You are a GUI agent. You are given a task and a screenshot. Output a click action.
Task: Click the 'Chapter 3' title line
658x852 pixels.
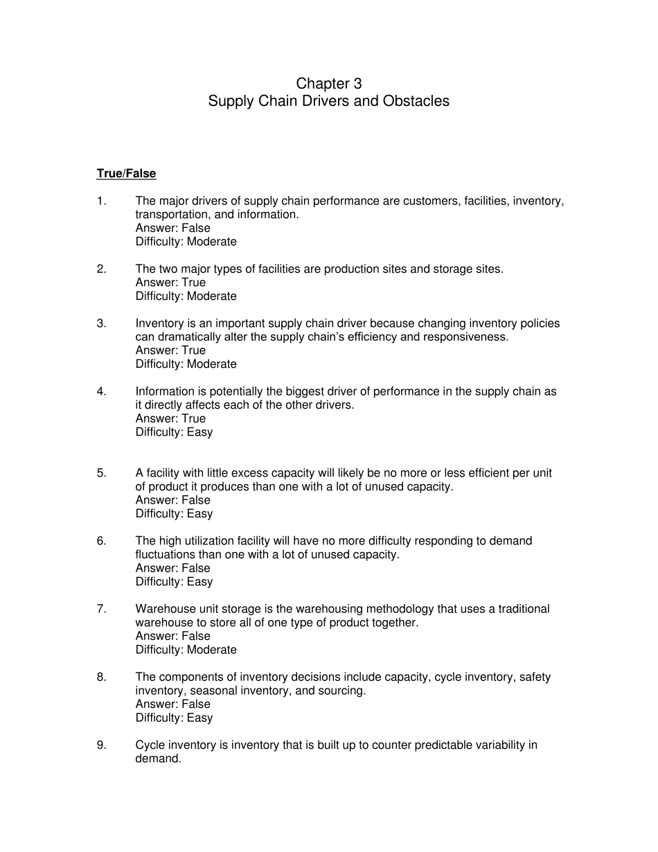click(329, 84)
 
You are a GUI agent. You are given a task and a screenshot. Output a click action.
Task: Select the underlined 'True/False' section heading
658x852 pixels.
click(126, 174)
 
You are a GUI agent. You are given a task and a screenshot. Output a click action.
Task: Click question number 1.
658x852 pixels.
click(101, 201)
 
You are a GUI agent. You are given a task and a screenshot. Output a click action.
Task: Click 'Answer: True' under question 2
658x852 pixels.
click(170, 283)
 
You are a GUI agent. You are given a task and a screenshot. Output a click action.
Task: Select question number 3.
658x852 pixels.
click(101, 323)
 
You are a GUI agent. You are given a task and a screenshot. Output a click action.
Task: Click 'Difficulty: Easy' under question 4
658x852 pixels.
click(174, 432)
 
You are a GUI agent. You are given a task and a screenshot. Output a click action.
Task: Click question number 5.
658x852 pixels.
click(101, 473)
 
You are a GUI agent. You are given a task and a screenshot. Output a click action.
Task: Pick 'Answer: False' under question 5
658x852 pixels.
click(172, 500)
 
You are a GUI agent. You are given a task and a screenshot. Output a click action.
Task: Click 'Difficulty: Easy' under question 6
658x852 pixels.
click(174, 582)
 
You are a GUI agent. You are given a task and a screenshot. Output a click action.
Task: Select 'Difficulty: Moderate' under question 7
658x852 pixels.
click(186, 650)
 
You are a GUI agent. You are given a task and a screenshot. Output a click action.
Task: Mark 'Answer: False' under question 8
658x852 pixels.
click(172, 704)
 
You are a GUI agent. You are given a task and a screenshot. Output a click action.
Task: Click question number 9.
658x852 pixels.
click(101, 745)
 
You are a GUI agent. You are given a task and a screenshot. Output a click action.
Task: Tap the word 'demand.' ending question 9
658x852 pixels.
click(158, 759)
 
